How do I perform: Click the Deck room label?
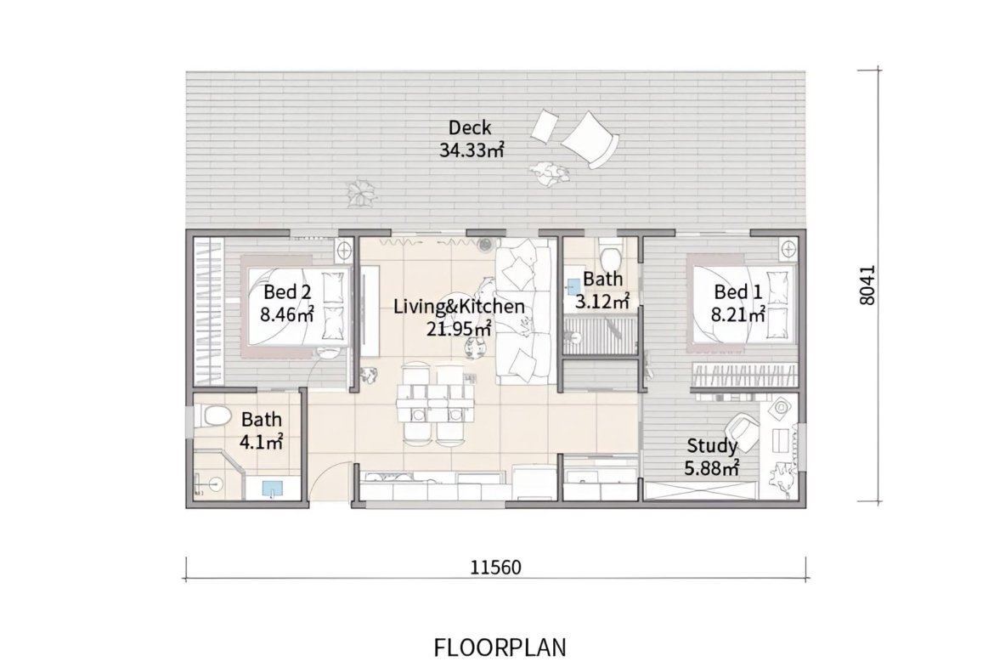pos(470,127)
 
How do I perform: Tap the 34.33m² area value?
pos(472,150)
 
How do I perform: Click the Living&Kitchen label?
pos(459,306)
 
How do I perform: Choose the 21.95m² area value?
pos(459,329)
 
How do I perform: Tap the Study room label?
pos(712,446)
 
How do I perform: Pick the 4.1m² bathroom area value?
pos(261,441)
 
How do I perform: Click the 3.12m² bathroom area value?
pos(602,301)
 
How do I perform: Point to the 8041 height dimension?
pos(867,285)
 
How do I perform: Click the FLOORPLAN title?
pos(500,648)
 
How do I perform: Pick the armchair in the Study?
pos(742,431)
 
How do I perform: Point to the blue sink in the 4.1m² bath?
pos(273,488)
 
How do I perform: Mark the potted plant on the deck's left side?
pos(361,191)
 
